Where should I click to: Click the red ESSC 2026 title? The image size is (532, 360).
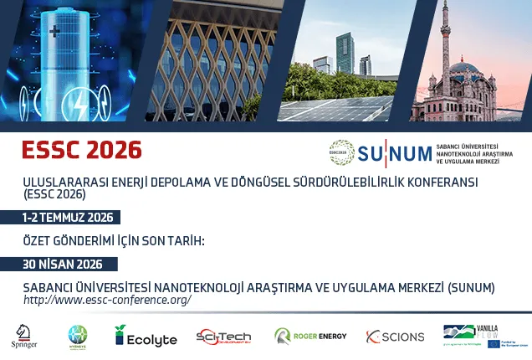tap(82, 150)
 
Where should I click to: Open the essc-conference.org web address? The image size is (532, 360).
tap(107, 299)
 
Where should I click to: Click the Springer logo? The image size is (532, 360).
tap(24, 336)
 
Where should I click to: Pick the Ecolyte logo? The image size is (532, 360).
tap(146, 337)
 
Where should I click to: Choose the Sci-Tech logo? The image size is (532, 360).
tap(223, 337)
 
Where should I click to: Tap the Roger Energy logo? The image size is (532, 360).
tap(309, 337)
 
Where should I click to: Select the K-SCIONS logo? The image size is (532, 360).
tap(395, 337)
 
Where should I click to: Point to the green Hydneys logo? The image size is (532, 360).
tap(79, 337)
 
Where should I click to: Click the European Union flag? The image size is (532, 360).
tap(495, 343)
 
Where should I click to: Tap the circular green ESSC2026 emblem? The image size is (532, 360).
tap(341, 152)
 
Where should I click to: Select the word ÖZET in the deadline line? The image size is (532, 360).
tap(39, 240)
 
